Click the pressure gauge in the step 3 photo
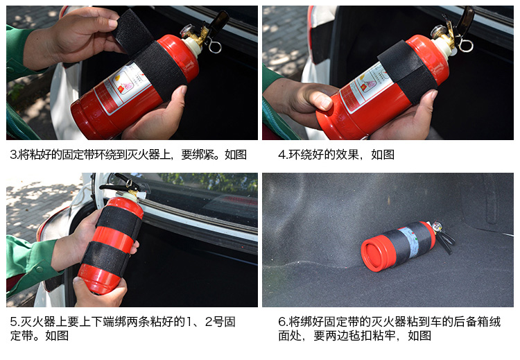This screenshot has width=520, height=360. click(187, 31)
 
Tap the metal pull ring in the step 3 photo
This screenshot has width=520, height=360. click(215, 46)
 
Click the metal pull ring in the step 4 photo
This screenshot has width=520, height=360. click(465, 46)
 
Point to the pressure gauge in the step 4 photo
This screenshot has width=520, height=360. click(437, 31)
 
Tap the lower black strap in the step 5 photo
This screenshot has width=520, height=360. click(107, 257)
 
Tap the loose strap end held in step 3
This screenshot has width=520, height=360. click(132, 30)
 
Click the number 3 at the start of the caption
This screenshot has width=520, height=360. click(13, 155)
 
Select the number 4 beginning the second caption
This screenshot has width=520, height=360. click(281, 155)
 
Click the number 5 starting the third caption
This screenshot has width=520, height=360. click(13, 322)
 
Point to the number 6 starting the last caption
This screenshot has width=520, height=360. click(282, 322)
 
